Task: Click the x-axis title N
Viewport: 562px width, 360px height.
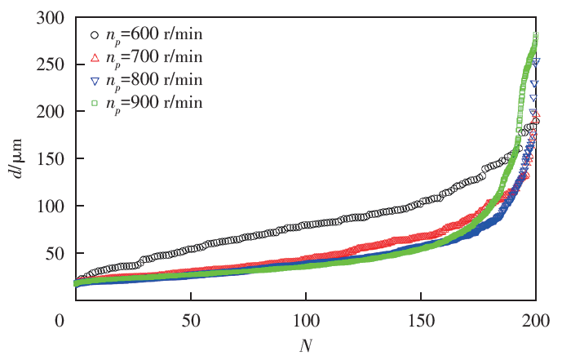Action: point(306,345)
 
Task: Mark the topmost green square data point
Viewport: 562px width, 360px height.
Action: point(536,35)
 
